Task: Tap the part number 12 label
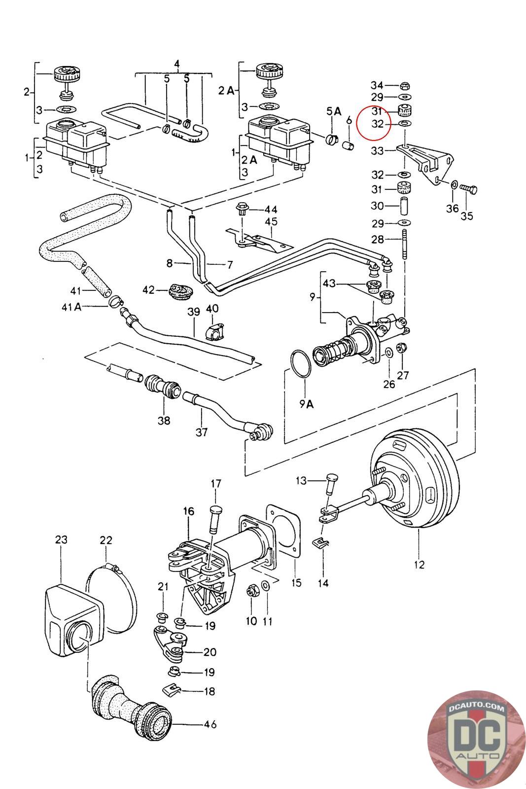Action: point(419,564)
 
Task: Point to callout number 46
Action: point(210,724)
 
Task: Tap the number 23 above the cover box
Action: point(61,540)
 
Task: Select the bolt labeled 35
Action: point(469,188)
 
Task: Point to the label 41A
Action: point(71,307)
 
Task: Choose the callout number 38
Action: point(164,420)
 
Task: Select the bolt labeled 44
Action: point(242,209)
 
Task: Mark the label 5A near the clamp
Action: point(334,111)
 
